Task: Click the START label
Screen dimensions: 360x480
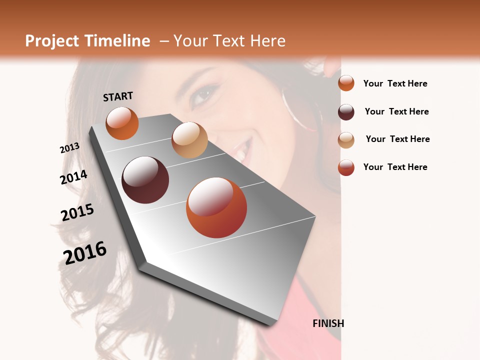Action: [118, 96]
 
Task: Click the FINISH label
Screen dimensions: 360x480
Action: [328, 323]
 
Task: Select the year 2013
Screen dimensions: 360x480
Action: [69, 148]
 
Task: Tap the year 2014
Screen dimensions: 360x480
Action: [73, 177]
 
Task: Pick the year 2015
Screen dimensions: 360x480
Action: [77, 212]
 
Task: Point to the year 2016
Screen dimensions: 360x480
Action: [85, 252]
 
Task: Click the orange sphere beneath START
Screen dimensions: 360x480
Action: [122, 123]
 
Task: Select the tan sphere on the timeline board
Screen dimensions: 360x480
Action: [189, 140]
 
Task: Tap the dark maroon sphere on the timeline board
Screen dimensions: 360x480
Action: [145, 180]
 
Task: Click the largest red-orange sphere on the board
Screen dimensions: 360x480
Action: [216, 207]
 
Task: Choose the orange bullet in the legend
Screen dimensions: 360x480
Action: [346, 83]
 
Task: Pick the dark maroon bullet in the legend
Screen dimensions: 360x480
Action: [346, 112]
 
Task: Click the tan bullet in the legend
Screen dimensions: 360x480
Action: [346, 140]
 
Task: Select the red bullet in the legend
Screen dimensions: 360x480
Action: [346, 167]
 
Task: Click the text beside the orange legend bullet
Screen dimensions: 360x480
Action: [395, 83]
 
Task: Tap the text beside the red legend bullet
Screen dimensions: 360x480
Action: [395, 167]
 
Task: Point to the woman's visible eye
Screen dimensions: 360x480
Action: [204, 94]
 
